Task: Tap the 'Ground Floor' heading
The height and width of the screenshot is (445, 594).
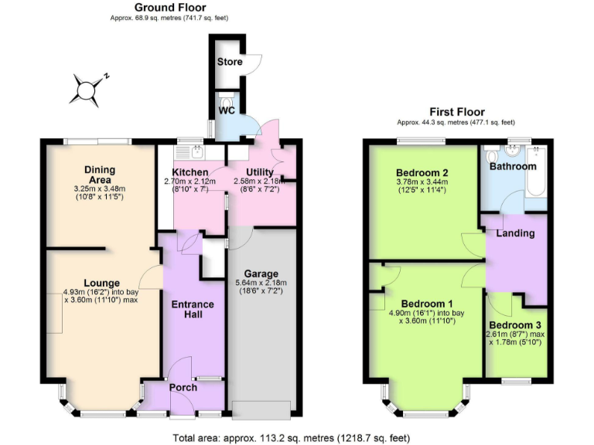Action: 170,7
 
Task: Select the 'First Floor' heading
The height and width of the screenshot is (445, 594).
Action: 456,112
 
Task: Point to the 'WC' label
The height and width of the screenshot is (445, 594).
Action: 226,110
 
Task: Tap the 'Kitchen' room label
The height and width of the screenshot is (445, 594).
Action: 189,172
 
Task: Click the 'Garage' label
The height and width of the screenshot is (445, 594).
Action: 261,273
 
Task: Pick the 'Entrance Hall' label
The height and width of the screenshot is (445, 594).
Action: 193,310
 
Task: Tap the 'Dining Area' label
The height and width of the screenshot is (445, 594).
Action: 100,175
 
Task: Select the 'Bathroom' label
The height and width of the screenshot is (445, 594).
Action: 512,166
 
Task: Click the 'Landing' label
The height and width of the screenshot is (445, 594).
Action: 516,233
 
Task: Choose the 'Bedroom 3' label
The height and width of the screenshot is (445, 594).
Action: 515,324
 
